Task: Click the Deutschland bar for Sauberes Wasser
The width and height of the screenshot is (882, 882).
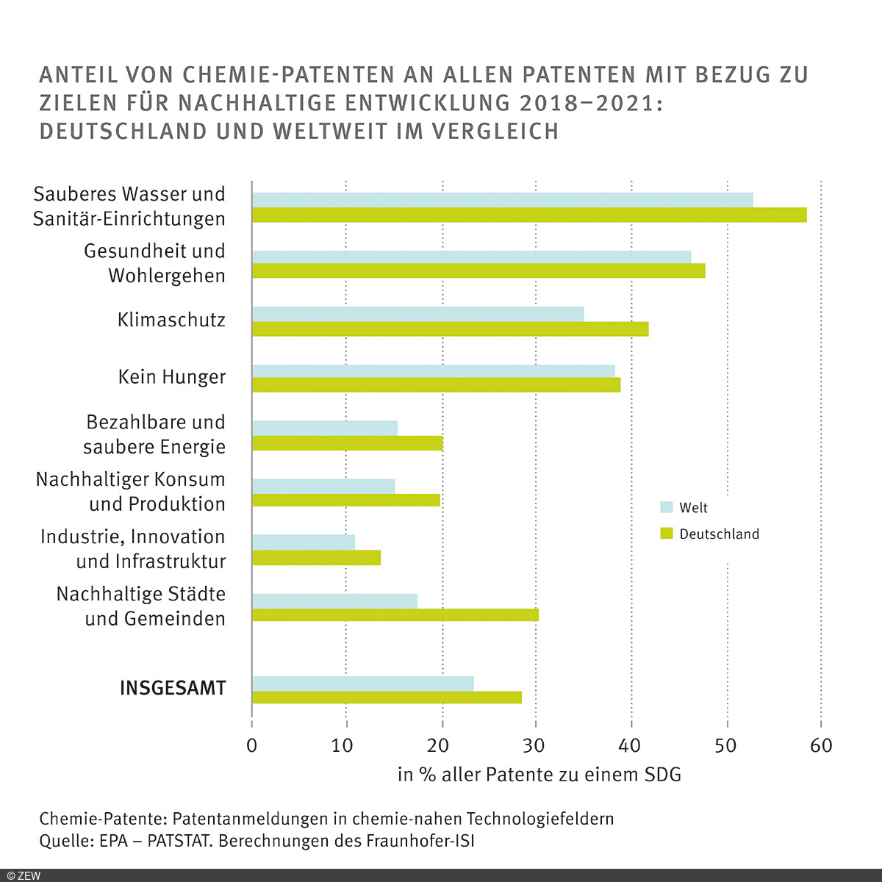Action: [x=529, y=215]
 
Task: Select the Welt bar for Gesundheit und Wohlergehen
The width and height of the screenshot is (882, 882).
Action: [x=471, y=257]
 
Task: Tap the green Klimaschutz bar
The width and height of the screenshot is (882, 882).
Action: [x=450, y=329]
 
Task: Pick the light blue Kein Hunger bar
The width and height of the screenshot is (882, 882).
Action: [x=434, y=370]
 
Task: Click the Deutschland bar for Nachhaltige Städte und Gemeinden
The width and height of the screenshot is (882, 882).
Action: [x=395, y=615]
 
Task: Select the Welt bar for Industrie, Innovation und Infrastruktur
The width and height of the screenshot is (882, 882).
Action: [x=304, y=542]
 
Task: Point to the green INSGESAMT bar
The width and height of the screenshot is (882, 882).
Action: [x=387, y=698]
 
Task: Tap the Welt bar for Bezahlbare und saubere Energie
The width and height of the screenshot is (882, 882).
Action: [x=325, y=428]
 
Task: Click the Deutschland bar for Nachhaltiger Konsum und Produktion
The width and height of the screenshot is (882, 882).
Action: [x=346, y=501]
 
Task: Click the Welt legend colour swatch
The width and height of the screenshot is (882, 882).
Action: [x=667, y=507]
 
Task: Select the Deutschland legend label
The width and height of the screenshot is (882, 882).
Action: [x=719, y=534]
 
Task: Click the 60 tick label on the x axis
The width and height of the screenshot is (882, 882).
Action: [x=821, y=745]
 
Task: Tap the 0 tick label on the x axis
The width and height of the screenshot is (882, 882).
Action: [x=252, y=745]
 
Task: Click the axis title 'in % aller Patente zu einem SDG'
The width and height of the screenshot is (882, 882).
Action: [x=539, y=774]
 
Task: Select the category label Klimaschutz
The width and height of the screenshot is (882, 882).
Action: [x=171, y=320]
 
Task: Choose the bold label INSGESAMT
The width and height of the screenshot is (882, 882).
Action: [x=173, y=689]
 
